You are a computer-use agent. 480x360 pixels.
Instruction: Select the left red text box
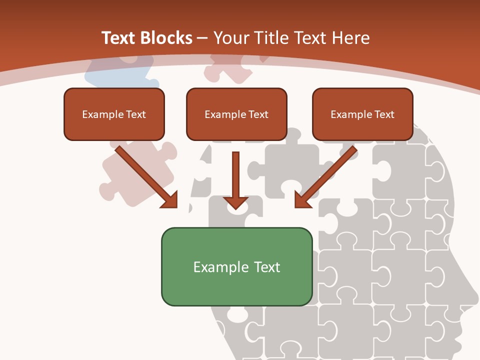114,114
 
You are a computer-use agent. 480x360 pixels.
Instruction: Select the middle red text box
236,114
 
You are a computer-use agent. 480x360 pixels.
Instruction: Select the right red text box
362,114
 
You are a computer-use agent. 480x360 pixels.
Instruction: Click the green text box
236,266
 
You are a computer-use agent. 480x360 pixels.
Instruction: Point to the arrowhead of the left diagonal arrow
169,200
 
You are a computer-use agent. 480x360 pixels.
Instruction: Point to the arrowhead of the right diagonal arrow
302,200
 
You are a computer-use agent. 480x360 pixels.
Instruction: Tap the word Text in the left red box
136,114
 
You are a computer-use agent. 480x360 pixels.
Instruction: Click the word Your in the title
230,38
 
